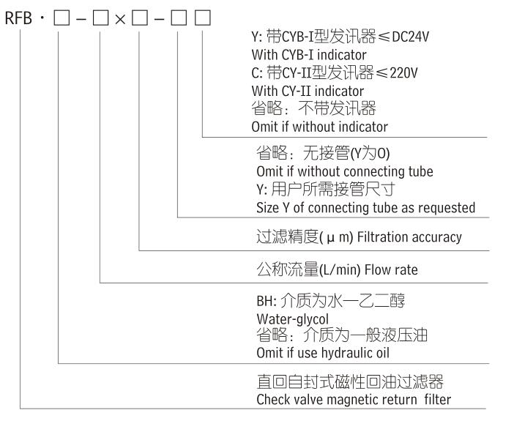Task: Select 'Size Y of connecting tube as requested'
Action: tap(362, 208)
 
